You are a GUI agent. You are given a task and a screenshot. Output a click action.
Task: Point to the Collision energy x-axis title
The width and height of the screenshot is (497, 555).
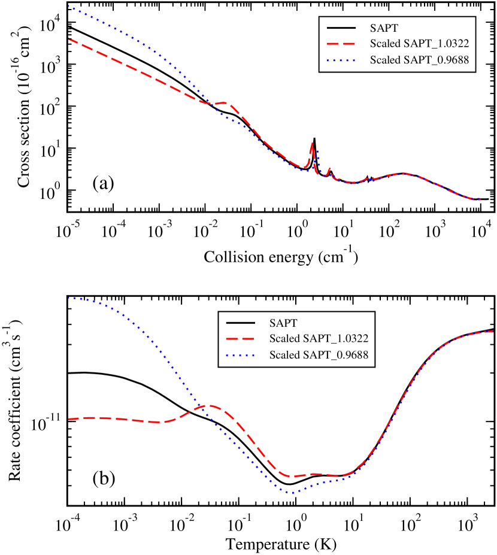281,257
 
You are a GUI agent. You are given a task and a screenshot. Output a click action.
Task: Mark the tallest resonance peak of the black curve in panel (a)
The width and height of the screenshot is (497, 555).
314,139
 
